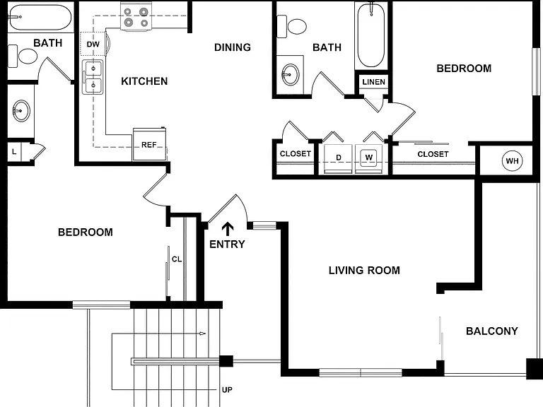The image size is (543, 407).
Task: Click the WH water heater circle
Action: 512,161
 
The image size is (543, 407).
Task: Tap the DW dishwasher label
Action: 93,45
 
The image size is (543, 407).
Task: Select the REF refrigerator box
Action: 150,144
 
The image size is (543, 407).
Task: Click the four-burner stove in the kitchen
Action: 136,18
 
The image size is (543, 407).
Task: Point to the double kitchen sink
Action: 93,77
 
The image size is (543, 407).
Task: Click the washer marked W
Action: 369,158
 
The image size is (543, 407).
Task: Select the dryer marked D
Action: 339,158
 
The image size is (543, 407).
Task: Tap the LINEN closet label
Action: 373,82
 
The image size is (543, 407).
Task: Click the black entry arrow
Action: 228,229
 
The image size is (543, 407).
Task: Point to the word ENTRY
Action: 227,244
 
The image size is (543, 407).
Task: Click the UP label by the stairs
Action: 227,390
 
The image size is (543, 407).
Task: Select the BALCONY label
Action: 492,331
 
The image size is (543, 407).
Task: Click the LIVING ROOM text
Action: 364,271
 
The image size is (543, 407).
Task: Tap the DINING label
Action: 233,47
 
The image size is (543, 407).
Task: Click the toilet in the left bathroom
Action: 23,56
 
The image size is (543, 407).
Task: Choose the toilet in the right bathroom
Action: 292,26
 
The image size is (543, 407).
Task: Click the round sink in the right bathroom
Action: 290,74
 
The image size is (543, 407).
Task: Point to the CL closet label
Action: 177,259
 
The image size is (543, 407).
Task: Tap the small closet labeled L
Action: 14,152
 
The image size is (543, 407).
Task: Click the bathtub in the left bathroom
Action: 40,17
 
